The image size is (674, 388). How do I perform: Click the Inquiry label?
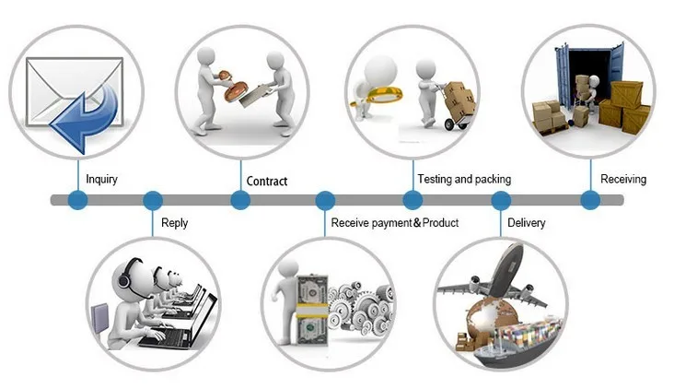pos(102,179)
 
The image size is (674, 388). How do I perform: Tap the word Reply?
pos(174,223)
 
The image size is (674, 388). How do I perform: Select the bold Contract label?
pos(267,181)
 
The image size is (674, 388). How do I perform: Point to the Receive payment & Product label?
pos(394,223)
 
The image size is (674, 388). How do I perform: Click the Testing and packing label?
pos(463,179)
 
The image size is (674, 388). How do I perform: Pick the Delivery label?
pos(526,223)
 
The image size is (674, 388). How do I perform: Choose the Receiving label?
pos(623,179)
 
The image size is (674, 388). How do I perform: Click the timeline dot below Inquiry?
pos(77,200)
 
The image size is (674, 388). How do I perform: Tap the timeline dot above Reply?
pos(153,200)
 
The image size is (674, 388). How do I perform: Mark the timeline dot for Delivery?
pos(501,200)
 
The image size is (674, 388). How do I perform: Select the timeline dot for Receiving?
pos(590,200)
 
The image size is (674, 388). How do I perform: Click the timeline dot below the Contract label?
pos(238,200)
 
